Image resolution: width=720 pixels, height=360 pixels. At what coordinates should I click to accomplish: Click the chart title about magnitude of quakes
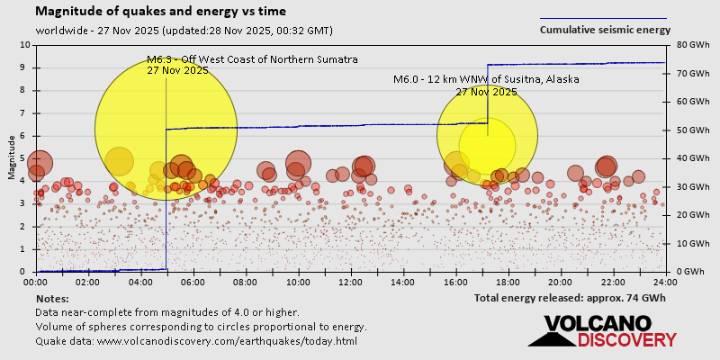click(x=161, y=12)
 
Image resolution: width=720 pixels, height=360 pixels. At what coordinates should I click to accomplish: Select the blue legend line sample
click(x=603, y=18)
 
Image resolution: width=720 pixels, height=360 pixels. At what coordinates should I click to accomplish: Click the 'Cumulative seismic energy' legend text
click(x=605, y=30)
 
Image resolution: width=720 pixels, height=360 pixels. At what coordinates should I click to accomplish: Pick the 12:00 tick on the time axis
click(x=351, y=282)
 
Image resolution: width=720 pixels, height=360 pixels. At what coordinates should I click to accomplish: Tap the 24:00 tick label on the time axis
click(x=664, y=282)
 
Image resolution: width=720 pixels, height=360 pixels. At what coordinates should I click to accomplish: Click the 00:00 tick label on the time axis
click(x=36, y=282)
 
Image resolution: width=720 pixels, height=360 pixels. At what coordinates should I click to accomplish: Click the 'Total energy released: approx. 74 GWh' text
click(x=570, y=297)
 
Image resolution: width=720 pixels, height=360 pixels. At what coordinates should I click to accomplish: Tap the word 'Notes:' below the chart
click(x=52, y=298)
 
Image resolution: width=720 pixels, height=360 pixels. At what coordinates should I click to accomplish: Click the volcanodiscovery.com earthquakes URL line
click(x=196, y=341)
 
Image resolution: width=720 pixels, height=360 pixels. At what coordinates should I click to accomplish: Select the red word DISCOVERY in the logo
click(x=626, y=339)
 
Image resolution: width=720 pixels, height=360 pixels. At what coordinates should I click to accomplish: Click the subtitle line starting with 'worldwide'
click(x=184, y=30)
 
